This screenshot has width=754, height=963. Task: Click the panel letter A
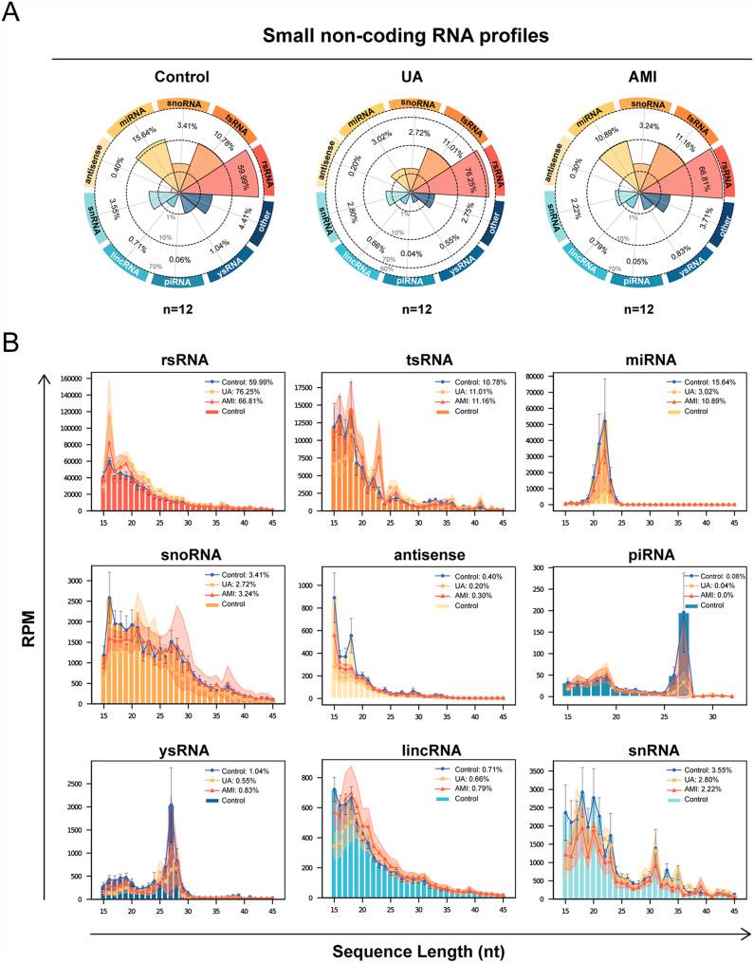(x=12, y=13)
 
